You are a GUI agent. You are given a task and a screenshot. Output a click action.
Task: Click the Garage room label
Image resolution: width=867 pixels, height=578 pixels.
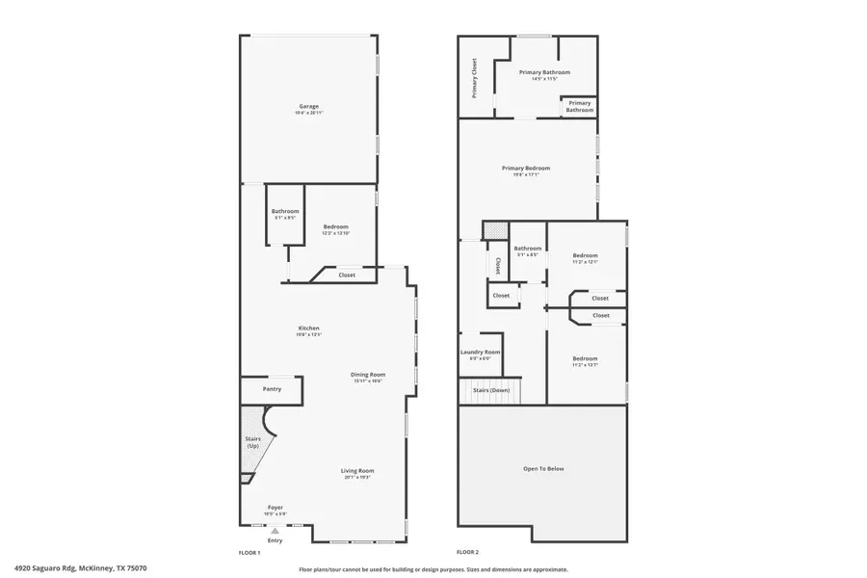point(308,106)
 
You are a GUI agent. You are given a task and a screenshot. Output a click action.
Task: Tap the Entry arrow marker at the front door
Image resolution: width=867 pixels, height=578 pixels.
point(276,531)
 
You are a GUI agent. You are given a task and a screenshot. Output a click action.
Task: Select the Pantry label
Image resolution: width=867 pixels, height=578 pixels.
point(272,389)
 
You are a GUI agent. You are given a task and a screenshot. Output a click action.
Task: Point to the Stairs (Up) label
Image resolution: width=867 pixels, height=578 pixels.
point(253,442)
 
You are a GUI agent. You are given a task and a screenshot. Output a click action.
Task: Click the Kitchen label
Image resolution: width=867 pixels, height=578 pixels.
point(308,328)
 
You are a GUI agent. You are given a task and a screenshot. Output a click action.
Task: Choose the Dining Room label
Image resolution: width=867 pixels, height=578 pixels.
point(368,375)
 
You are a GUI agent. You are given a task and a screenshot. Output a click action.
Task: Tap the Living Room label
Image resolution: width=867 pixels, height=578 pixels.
point(356,470)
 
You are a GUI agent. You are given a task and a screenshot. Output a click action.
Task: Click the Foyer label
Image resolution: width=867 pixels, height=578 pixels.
point(276,507)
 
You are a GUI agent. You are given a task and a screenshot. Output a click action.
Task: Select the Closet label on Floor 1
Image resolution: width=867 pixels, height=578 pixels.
point(347,276)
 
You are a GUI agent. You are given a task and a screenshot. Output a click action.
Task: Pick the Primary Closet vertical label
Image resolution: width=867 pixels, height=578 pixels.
point(475,78)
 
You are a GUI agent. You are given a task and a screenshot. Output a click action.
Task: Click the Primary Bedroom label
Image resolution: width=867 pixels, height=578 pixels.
point(526,169)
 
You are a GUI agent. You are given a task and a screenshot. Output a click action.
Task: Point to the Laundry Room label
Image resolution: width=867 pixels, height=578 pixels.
point(480,353)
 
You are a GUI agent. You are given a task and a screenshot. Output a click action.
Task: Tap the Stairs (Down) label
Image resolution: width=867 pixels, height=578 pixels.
point(491,390)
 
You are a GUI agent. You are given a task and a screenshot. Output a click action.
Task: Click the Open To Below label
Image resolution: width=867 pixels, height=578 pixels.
point(543,469)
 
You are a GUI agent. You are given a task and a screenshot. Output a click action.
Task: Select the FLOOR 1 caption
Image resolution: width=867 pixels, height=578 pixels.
point(250,553)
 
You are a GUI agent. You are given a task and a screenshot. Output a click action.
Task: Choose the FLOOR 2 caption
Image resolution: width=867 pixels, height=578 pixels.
point(467,553)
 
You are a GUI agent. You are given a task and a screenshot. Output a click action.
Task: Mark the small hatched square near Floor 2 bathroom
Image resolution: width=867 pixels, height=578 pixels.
point(494,232)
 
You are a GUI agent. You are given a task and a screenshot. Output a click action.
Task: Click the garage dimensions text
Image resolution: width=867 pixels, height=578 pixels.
point(308,114)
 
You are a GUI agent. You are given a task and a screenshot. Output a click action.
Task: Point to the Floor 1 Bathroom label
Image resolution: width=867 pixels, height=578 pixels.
point(285,211)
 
